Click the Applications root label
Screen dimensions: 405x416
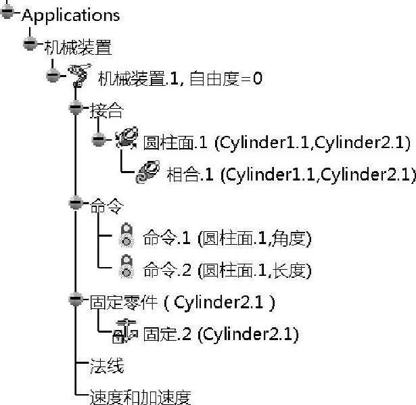tap(70, 15)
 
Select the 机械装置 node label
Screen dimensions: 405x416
tap(77, 47)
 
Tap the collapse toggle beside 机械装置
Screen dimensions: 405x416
tap(30, 43)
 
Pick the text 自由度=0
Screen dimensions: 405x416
tap(225, 78)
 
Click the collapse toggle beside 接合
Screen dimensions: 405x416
tap(76, 108)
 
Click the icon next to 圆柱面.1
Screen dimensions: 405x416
tap(126, 140)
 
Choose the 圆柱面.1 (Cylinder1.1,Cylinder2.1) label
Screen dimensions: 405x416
tap(277, 143)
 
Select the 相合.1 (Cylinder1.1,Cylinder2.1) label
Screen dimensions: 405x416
tap(290, 174)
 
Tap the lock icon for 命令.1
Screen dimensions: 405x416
tap(126, 237)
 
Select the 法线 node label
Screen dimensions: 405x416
tap(106, 366)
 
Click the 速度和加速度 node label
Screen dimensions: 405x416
tap(140, 397)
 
